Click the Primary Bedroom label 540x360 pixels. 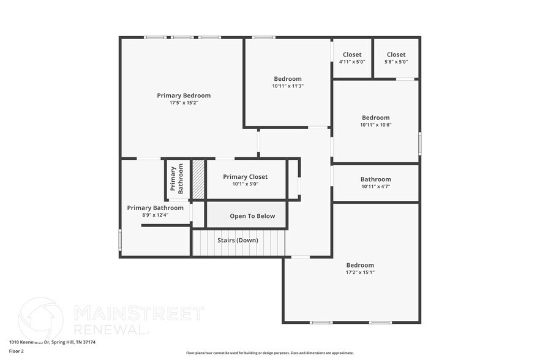184,96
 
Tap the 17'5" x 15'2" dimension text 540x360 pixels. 184,103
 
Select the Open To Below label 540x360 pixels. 252,216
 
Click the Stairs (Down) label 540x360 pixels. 238,240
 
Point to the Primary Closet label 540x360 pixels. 245,177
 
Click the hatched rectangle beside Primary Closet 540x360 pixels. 198,179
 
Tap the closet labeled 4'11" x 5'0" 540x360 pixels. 352,58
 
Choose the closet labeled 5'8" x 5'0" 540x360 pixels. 396,58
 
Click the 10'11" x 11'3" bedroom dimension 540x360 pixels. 288,86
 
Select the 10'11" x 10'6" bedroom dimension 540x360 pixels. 375,125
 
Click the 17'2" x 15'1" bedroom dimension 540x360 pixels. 360,272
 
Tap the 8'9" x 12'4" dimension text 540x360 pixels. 155,215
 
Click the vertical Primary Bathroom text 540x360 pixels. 177,180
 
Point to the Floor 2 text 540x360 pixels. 17,351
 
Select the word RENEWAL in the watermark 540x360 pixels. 111,328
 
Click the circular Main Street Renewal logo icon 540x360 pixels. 40,318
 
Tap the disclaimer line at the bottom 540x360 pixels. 270,353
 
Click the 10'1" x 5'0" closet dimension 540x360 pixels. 245,184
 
